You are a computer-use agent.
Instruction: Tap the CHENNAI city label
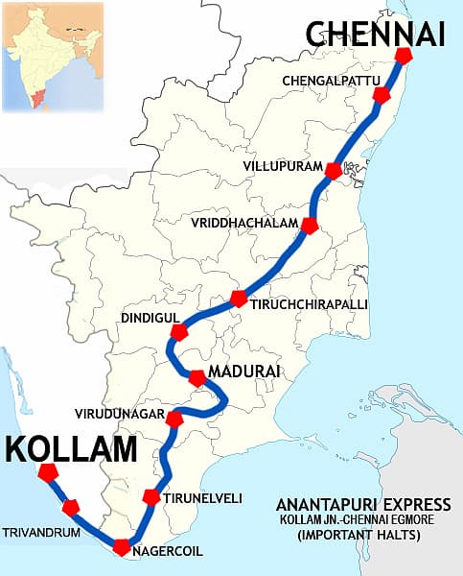(376, 36)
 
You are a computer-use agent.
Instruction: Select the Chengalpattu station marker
(382, 94)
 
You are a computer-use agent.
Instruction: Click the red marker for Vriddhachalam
(309, 226)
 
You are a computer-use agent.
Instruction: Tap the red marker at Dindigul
(178, 332)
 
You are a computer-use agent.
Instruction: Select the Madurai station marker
(197, 377)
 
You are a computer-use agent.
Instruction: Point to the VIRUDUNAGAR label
(118, 415)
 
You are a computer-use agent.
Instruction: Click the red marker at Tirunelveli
(150, 496)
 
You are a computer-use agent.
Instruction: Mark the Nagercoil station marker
(121, 547)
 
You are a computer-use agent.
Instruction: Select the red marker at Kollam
(47, 472)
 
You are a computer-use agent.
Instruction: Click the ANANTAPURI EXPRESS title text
(363, 504)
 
